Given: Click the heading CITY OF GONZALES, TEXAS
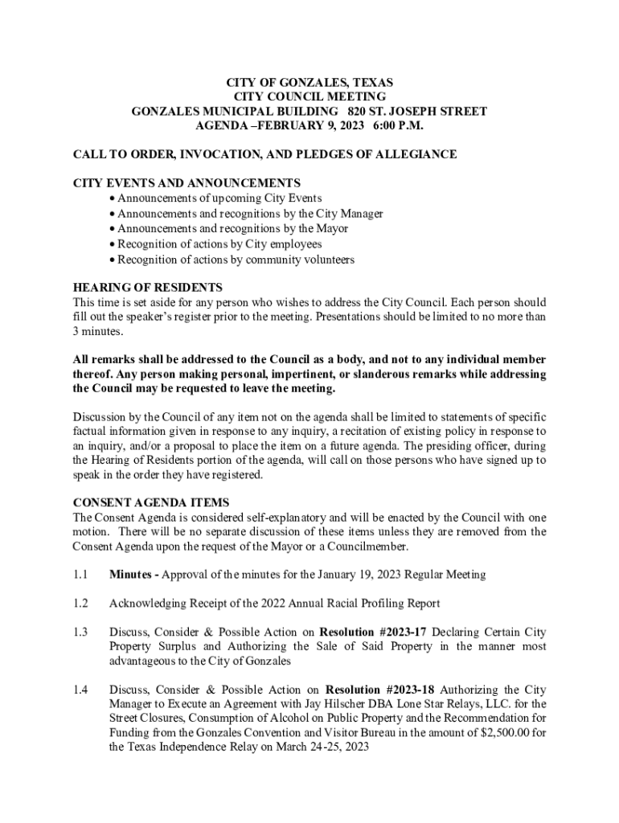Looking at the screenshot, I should [x=309, y=82].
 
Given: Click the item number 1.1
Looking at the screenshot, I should [x=80, y=574].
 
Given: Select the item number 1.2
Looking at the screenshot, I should [x=80, y=603].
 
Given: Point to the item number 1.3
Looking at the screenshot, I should [x=80, y=632].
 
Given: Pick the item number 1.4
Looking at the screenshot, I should [x=80, y=690].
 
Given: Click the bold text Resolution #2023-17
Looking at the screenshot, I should [x=372, y=632].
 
